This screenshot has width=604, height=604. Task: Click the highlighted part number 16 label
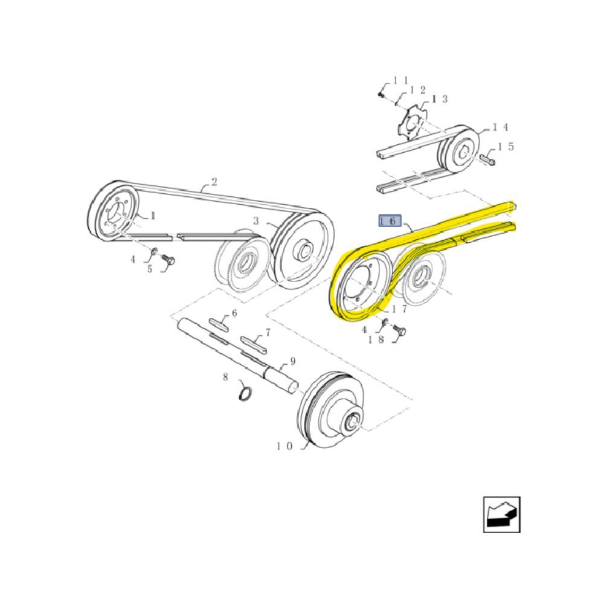point(390,220)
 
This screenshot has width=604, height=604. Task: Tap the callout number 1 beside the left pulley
point(153,216)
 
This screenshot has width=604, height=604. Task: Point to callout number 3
point(256,221)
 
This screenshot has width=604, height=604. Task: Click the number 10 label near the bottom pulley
point(284,446)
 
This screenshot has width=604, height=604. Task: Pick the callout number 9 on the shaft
point(293,361)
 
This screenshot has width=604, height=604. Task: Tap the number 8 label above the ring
point(226,377)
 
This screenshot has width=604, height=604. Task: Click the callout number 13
point(439,99)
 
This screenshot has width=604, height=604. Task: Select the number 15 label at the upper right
point(506,147)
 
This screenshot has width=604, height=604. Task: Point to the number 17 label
point(399,309)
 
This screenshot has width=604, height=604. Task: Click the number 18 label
point(376,339)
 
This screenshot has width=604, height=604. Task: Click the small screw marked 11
point(381,94)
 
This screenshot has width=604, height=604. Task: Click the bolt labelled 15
point(487,159)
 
